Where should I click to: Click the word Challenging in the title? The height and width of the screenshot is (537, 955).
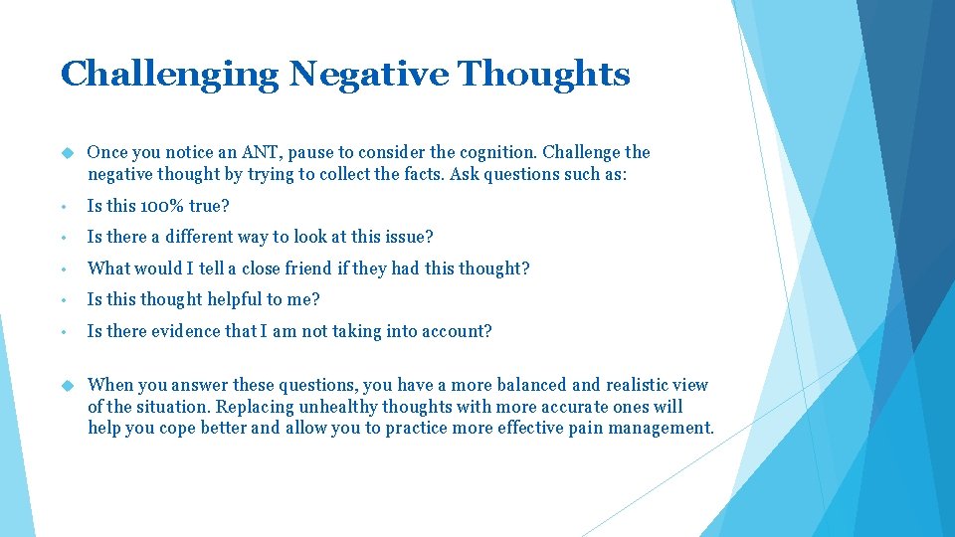[x=169, y=75]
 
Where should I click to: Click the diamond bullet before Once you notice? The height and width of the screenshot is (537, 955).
[x=68, y=152]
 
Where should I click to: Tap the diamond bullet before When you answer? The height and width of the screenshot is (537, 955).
[x=68, y=385]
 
